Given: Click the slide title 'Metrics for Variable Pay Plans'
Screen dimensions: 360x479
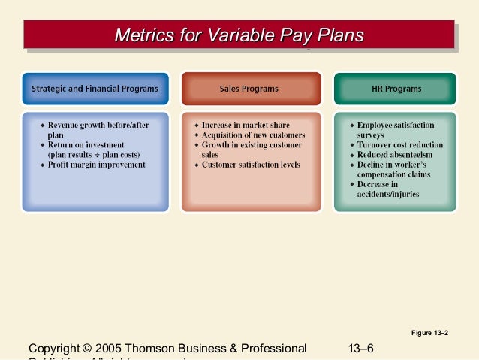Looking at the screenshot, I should point(239,35).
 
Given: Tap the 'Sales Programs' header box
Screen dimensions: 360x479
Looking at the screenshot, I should point(249,89).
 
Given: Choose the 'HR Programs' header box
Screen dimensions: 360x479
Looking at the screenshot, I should point(396,89).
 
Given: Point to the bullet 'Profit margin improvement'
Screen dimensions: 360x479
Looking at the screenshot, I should point(97,164).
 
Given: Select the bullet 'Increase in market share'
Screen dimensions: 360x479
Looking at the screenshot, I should point(246,125).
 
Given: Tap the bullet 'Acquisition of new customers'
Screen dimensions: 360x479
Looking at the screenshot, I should point(253,135).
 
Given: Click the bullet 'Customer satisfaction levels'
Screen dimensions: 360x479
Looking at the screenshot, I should point(251,164).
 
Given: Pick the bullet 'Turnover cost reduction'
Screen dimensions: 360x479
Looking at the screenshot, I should point(399,144).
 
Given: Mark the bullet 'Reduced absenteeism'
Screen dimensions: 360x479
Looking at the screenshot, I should point(393,154).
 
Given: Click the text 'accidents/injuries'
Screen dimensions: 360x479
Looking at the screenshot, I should point(388,194).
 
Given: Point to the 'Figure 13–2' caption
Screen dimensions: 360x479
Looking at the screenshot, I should point(430,332).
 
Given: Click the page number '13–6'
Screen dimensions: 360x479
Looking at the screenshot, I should point(361,348).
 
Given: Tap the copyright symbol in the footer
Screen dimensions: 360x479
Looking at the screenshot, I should point(88,349).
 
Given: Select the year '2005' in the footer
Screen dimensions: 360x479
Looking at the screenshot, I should point(110,349).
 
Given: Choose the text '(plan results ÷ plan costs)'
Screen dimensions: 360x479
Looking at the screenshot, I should point(98,154).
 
